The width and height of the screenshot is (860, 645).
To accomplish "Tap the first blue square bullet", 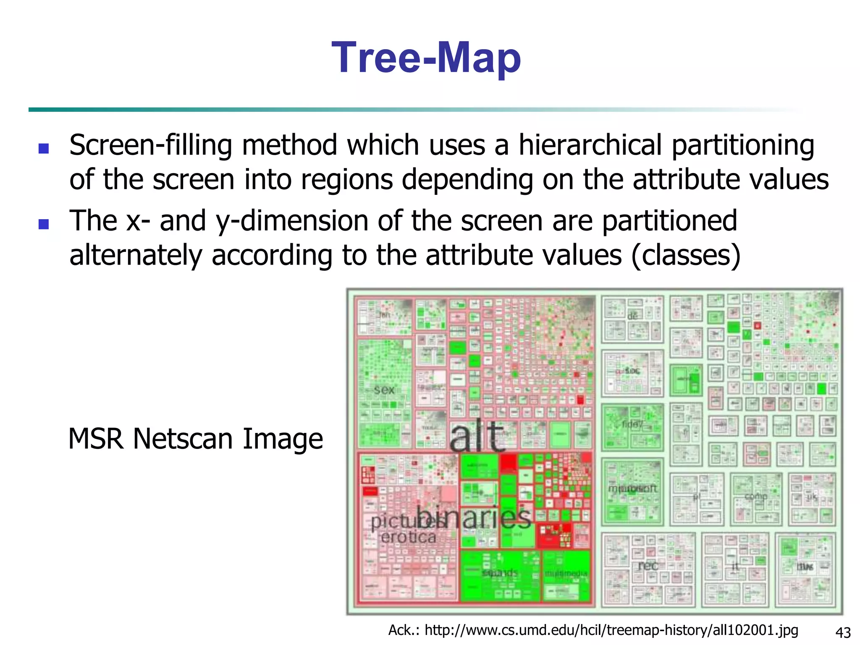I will [44, 148].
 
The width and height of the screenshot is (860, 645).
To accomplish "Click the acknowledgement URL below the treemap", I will [611, 630].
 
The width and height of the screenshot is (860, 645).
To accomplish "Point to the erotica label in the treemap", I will [408, 537].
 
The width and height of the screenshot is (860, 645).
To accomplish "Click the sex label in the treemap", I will [384, 390].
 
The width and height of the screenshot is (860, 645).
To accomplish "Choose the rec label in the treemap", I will [648, 566].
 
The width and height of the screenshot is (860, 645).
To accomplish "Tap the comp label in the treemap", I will [756, 496].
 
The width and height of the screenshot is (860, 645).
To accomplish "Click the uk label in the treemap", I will [812, 497].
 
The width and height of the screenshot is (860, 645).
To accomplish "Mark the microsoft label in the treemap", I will [632, 489].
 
